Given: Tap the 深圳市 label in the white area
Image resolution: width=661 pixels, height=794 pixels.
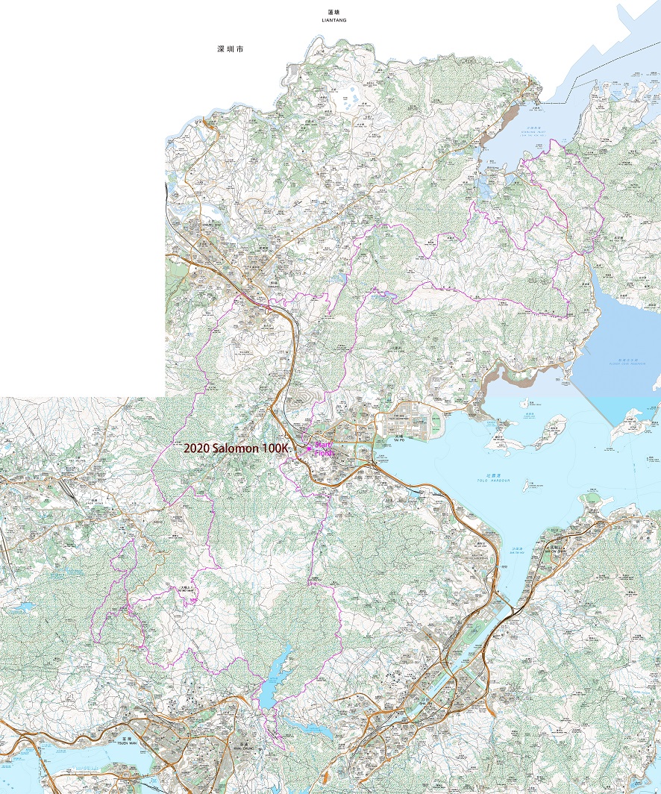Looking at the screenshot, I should pos(231,49).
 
